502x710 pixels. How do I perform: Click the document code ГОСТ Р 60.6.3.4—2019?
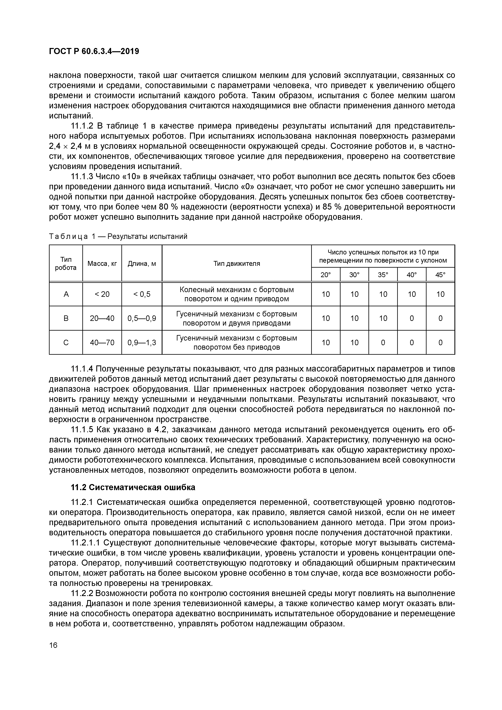(x=94, y=52)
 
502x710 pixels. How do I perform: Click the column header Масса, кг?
(x=102, y=263)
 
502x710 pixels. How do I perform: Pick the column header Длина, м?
(x=142, y=263)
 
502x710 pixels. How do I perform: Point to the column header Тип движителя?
(x=237, y=263)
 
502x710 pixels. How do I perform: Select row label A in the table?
(x=66, y=294)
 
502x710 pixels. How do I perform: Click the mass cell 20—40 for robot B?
(x=102, y=318)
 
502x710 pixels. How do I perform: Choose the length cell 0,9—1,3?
(x=142, y=342)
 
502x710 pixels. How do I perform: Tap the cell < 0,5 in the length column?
(x=142, y=294)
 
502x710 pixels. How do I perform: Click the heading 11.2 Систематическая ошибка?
(x=133, y=487)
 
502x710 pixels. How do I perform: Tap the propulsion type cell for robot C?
(x=237, y=342)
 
